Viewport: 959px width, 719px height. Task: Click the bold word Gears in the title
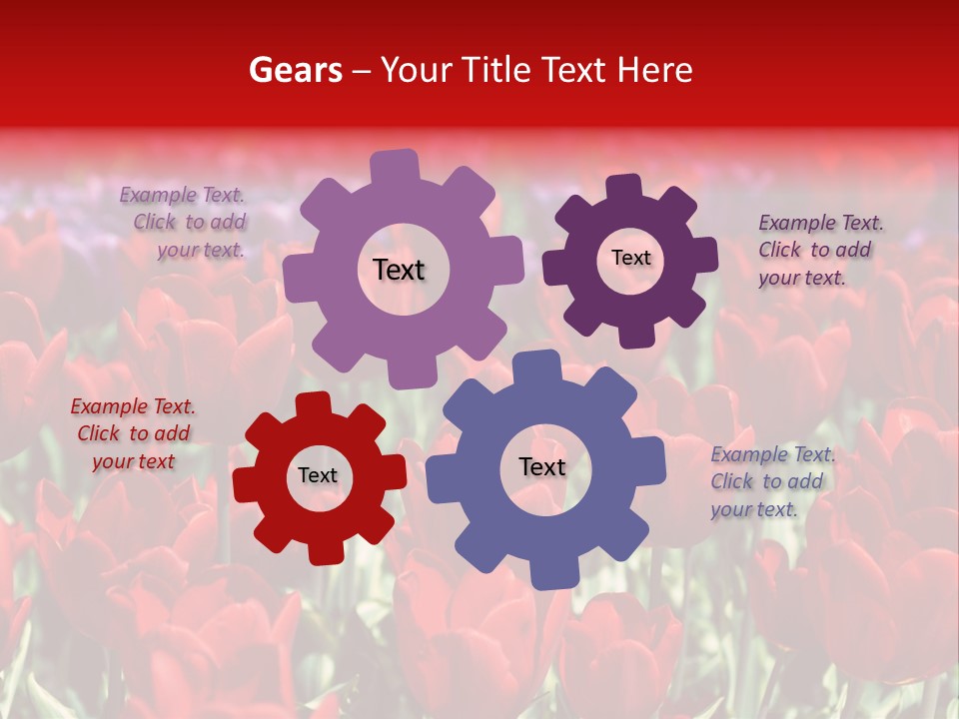pos(295,70)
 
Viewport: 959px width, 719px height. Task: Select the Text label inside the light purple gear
pos(399,270)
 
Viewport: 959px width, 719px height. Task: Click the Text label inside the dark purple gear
pos(630,258)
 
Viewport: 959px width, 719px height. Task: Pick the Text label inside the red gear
pos(318,475)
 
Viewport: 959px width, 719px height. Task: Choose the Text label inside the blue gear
pos(542,466)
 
